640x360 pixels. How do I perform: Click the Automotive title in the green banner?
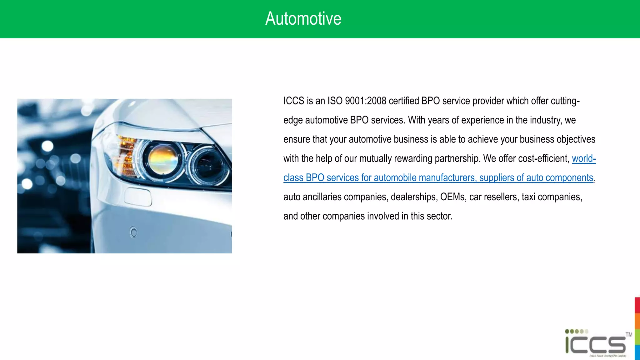tap(303, 19)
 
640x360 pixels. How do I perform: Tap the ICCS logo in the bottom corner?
tap(596, 344)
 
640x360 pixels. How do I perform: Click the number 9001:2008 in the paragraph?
tap(366, 101)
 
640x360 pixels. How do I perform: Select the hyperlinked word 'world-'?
tap(584, 158)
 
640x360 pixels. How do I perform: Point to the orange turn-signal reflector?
tap(125, 153)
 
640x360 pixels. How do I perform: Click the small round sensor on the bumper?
tap(134, 232)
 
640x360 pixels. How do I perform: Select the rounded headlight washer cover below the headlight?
tap(138, 197)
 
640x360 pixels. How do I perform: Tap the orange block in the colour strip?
tap(637, 321)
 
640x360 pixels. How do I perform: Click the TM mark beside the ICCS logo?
tap(629, 335)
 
